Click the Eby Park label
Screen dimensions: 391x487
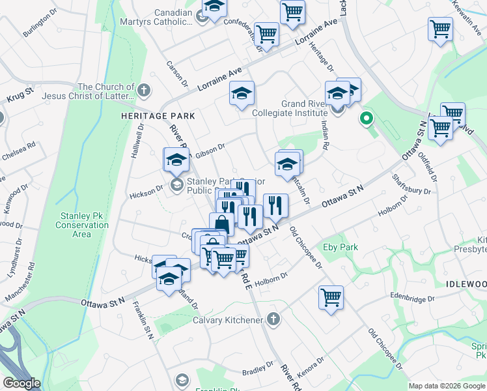coord(340,248)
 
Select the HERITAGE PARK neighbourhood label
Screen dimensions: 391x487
coord(148,115)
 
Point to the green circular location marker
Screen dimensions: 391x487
coord(367,119)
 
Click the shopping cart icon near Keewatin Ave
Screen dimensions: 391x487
coord(440,29)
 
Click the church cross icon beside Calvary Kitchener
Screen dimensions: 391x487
coord(273,319)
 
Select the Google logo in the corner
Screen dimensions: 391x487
coord(21,383)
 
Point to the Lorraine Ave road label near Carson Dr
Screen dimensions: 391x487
coord(219,78)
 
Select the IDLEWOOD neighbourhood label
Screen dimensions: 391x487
coord(467,284)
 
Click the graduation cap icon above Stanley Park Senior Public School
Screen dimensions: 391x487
coord(176,159)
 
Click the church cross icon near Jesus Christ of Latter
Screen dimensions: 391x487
coord(145,90)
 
